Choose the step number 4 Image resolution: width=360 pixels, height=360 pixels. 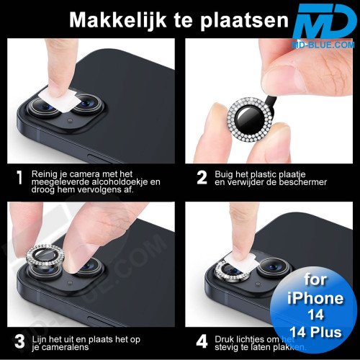tap(202, 338)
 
